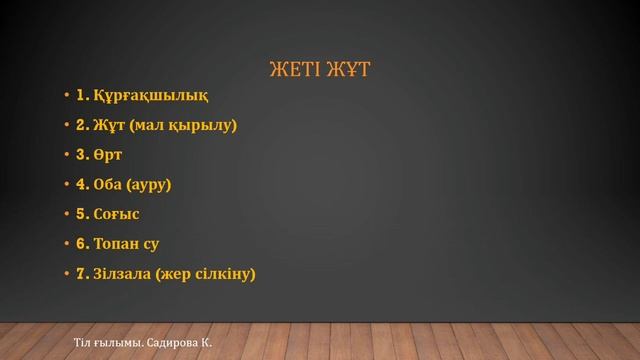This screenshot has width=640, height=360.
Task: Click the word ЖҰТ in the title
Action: (351, 70)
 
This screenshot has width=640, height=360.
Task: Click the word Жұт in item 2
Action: (109, 126)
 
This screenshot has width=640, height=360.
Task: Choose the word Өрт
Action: (108, 155)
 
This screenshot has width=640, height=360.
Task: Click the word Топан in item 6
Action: (116, 243)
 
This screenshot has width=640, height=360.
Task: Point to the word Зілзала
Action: (123, 273)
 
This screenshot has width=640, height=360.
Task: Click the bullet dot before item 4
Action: (66, 185)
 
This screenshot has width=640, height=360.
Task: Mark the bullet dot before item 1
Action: (66, 97)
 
